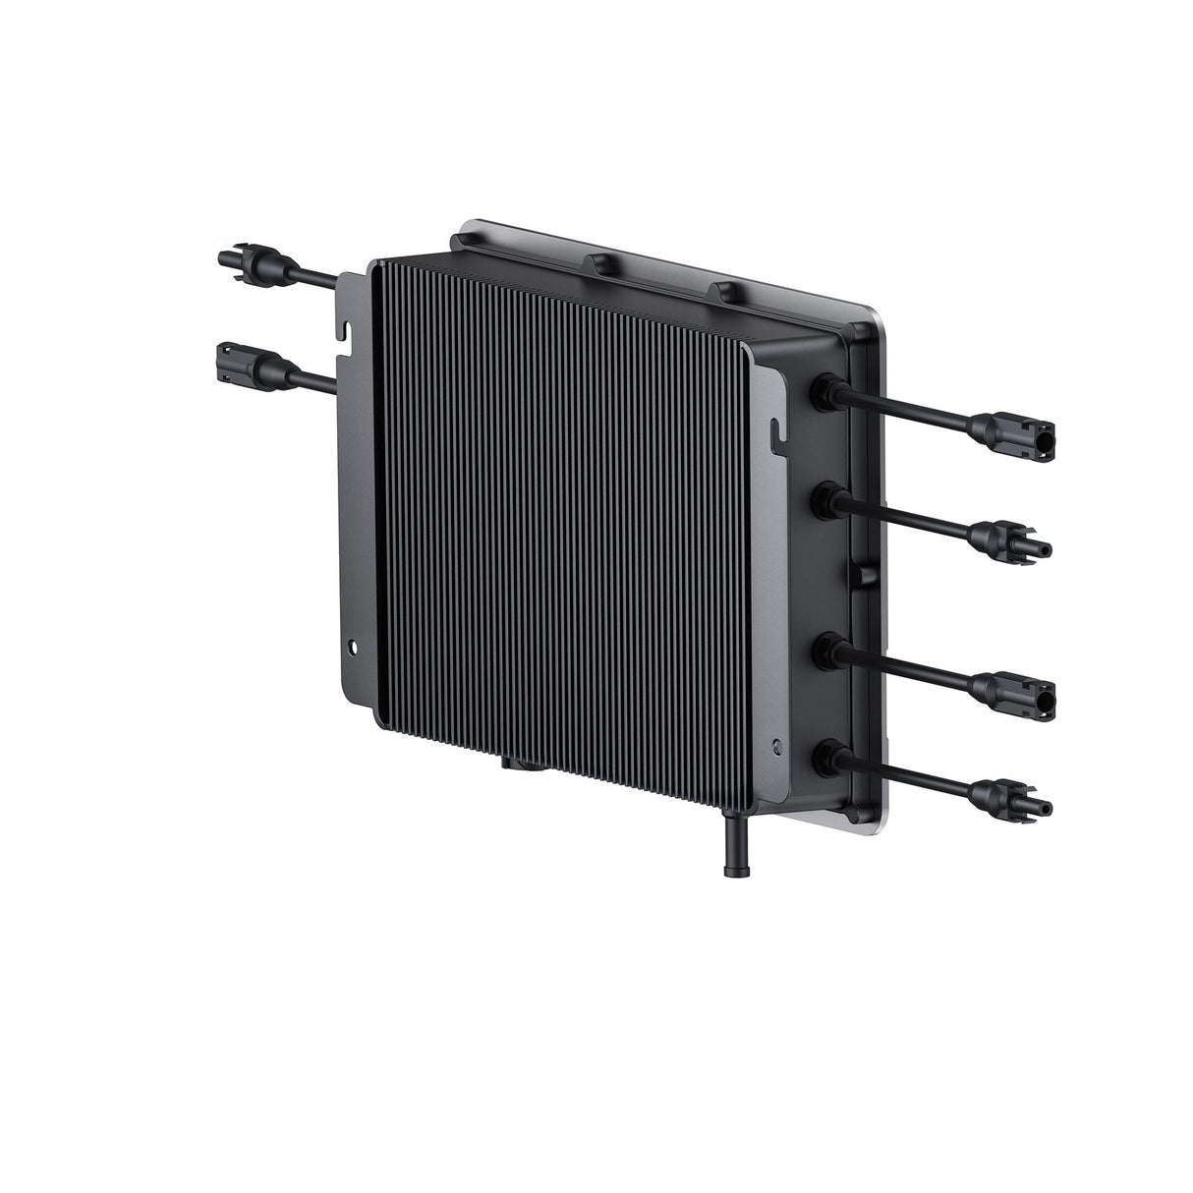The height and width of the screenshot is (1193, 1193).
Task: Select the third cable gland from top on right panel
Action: click(822, 651)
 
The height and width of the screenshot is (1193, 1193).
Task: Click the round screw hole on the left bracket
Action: click(355, 647)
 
